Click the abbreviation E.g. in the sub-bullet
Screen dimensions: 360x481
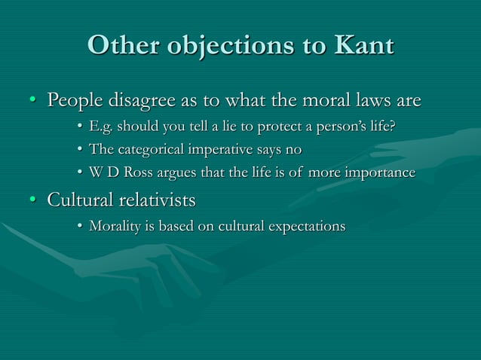click(103, 126)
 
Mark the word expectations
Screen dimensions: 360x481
click(305, 227)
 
